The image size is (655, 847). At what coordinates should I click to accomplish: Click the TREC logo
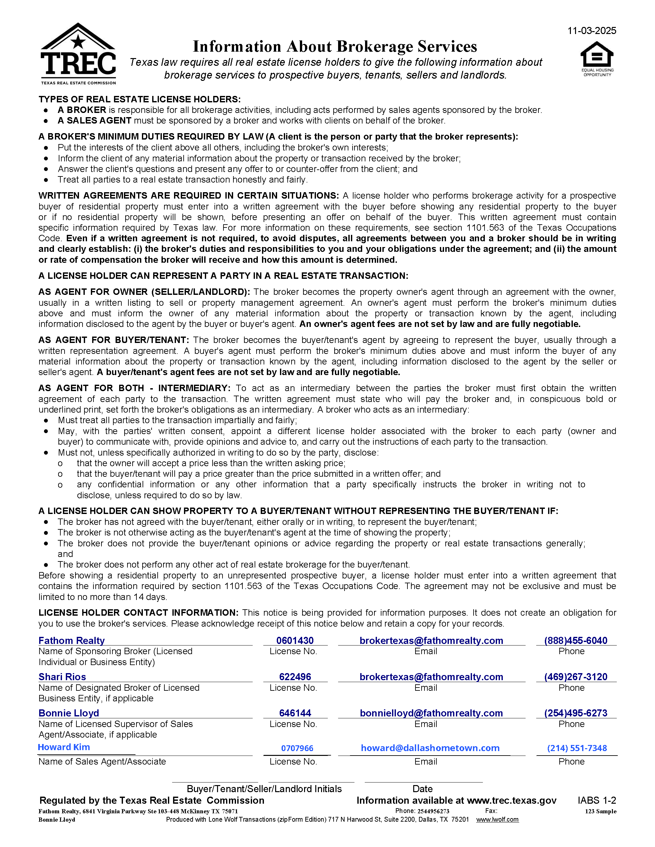click(x=78, y=54)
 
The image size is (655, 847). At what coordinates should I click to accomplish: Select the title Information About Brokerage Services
click(x=335, y=47)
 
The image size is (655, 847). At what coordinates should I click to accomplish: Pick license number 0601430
click(x=295, y=640)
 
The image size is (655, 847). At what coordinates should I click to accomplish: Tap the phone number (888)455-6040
click(x=576, y=640)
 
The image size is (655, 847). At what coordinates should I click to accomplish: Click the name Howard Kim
click(x=64, y=747)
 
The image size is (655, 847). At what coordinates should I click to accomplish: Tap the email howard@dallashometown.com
click(x=430, y=748)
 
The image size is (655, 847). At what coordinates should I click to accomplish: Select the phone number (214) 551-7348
click(x=577, y=748)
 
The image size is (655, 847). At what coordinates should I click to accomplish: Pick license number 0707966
click(x=297, y=748)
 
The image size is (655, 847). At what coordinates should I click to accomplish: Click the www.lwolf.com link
click(x=497, y=819)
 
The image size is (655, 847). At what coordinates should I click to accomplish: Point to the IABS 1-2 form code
click(x=597, y=800)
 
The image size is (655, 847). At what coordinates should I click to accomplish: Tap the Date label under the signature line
click(x=422, y=789)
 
